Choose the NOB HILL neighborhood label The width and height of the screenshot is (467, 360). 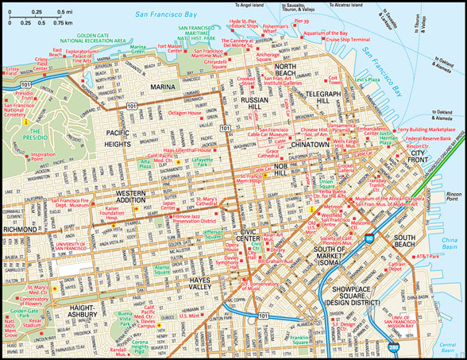pos(277,168)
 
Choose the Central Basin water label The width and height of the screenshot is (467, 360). pos(450,346)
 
